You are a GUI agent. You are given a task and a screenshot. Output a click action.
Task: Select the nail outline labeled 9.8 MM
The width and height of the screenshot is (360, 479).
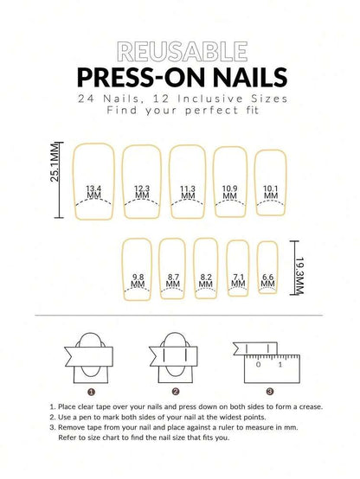click(138, 268)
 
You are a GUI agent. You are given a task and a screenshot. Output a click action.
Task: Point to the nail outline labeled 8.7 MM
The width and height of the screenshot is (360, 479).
click(173, 268)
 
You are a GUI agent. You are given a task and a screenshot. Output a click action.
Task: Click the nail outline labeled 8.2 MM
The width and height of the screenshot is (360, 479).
click(206, 268)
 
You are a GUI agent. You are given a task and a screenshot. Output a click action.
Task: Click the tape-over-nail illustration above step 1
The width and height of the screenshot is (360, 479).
click(90, 358)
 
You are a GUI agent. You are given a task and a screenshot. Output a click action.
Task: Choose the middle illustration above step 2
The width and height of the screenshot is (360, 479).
click(180, 358)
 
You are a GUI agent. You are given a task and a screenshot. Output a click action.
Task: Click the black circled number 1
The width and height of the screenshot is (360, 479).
click(91, 391)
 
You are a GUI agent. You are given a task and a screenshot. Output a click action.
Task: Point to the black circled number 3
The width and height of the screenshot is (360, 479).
click(269, 391)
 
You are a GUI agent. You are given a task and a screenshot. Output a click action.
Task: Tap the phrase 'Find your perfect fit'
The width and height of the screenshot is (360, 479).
click(179, 110)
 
